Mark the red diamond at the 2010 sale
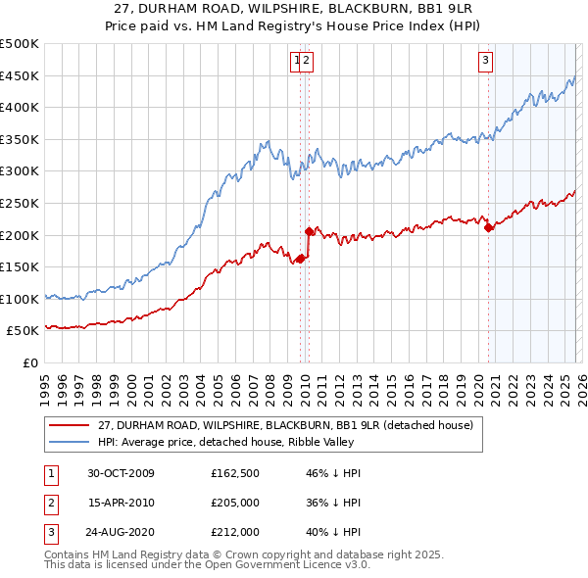point(309,232)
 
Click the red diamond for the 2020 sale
point(488,227)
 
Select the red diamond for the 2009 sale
point(301,259)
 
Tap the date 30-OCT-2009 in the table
point(121,473)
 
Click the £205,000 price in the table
point(234,503)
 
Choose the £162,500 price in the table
point(234,473)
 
